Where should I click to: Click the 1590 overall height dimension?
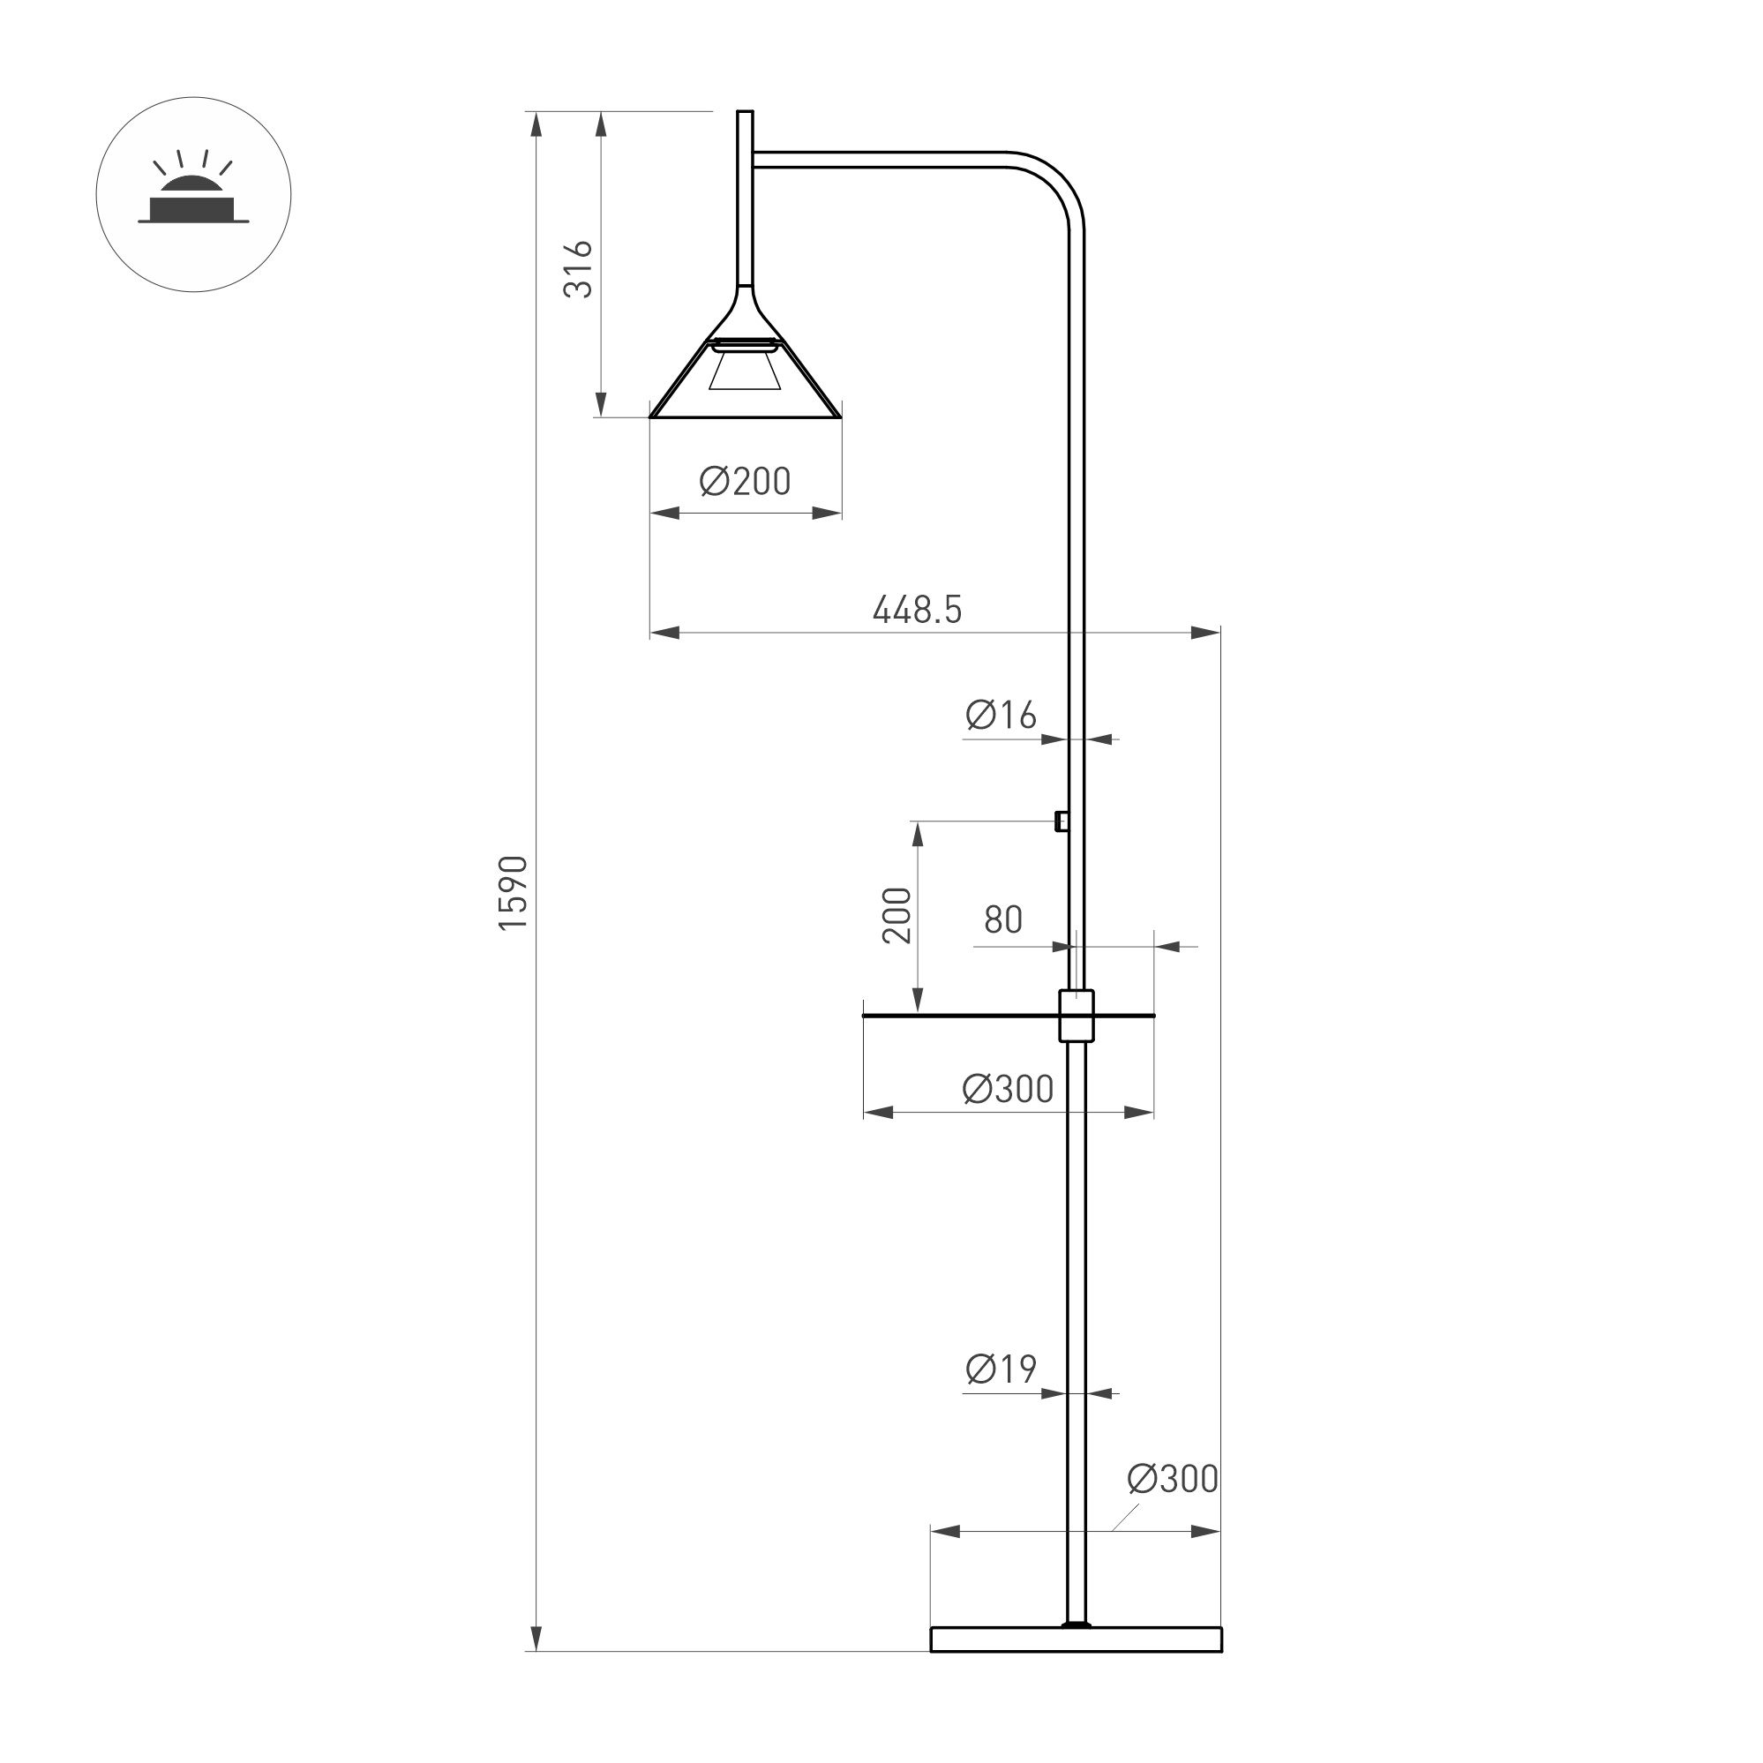point(514,892)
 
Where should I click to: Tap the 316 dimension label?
point(579,269)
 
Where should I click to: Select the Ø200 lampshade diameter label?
point(745,482)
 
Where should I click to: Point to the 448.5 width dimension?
point(917,610)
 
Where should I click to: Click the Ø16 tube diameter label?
point(1001,716)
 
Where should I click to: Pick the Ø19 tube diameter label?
point(1001,1369)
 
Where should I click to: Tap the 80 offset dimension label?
point(1003,919)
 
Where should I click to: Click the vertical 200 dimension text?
point(897,915)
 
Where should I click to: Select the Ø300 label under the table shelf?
point(1008,1089)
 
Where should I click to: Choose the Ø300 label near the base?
point(1173,1479)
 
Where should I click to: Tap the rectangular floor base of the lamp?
point(1076,1665)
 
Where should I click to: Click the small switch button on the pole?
point(1062,821)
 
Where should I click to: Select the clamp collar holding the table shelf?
point(1076,1016)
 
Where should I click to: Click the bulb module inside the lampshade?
point(746,364)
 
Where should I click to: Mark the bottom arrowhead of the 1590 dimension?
point(536,1662)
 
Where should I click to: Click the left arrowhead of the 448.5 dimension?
point(665,633)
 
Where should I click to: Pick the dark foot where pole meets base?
point(1077,1650)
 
